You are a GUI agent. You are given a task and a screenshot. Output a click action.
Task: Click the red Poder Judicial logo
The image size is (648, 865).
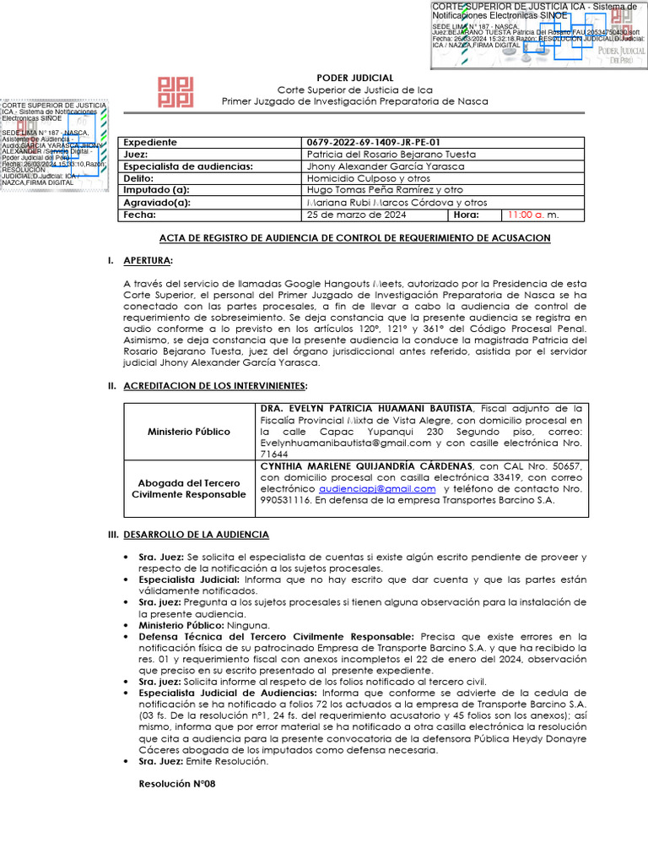pyautogui.click(x=176, y=92)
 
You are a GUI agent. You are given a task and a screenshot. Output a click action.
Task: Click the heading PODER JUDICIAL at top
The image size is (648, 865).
pyautogui.click(x=354, y=78)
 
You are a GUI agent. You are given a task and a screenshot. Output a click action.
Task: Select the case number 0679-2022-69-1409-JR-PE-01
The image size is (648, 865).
pyautogui.click(x=373, y=143)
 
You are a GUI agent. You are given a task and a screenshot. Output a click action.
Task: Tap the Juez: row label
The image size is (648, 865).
pyautogui.click(x=136, y=155)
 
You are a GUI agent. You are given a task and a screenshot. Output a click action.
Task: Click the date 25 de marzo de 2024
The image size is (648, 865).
pyautogui.click(x=356, y=215)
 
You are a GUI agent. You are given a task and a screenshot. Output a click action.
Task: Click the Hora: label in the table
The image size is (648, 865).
pyautogui.click(x=466, y=215)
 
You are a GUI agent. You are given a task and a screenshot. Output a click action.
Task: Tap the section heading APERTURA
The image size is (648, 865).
pyautogui.click(x=148, y=260)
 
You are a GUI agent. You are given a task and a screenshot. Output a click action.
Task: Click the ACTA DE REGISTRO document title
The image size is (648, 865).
pyautogui.click(x=354, y=238)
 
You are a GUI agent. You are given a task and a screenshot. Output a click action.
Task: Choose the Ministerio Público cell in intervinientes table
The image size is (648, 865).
pyautogui.click(x=189, y=432)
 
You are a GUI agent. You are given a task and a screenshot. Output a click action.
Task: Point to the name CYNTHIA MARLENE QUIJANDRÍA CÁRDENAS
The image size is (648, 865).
pyautogui.click(x=367, y=465)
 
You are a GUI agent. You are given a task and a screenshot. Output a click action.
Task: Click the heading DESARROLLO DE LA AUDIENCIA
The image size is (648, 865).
pyautogui.click(x=196, y=535)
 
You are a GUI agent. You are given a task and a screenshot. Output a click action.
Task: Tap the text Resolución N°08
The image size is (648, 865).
pyautogui.click(x=177, y=784)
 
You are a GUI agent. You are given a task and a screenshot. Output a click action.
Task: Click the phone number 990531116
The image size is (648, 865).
pyautogui.click(x=287, y=500)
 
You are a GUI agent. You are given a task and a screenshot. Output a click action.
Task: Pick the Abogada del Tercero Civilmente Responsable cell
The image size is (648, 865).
pyautogui.click(x=189, y=488)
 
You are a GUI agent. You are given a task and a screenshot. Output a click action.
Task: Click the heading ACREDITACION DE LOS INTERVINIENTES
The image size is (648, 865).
pyautogui.click(x=215, y=386)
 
